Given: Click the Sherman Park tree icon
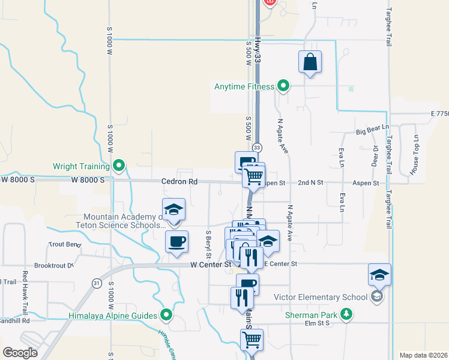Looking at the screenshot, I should (346, 313).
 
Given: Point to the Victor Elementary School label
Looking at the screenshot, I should (320, 297).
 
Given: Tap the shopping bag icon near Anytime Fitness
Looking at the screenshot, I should (310, 62).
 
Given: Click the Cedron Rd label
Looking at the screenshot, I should (179, 181).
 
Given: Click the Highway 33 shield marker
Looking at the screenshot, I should (257, 148).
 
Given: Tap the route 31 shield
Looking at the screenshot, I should (97, 283).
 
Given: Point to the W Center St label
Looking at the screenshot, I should (211, 264).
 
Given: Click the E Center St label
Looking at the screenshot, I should (280, 264).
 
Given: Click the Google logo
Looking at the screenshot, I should (20, 352).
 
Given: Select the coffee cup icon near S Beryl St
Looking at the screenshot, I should (177, 242).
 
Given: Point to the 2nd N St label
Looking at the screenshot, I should (311, 182).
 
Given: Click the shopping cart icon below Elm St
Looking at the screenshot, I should (252, 340).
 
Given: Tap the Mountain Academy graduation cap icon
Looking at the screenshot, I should (173, 209).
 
